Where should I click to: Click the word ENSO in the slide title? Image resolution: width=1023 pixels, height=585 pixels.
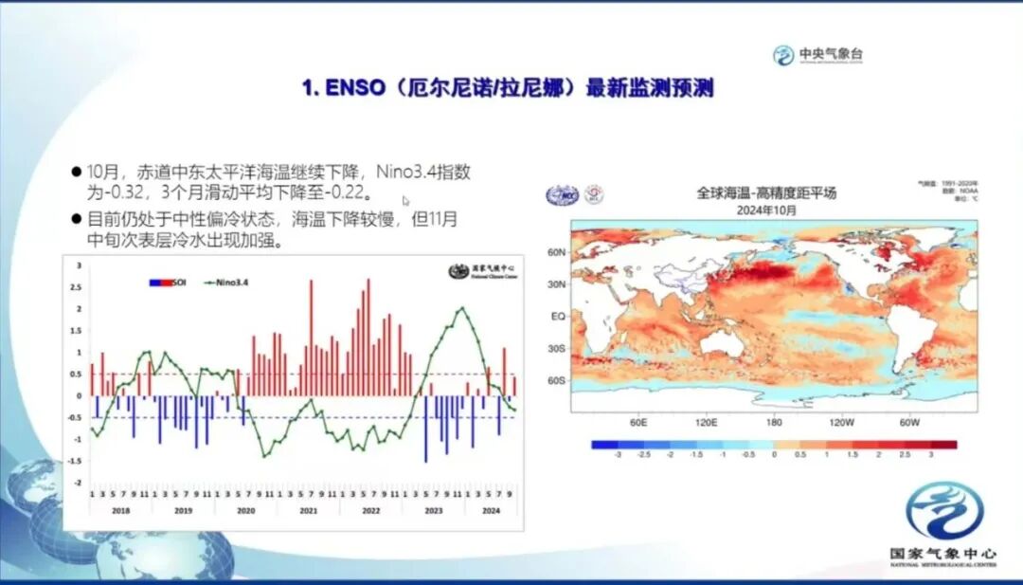coord(352,89)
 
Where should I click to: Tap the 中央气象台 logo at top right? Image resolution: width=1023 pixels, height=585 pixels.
coord(817,55)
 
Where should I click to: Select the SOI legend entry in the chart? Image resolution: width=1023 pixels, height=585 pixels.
coord(167,282)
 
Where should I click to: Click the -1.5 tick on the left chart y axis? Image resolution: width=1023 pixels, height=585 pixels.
coord(75,461)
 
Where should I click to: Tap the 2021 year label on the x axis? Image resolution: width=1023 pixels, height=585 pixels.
coord(308,510)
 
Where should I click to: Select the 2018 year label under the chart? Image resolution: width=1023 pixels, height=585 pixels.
coord(120,510)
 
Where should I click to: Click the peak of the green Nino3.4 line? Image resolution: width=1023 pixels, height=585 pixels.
coord(461,308)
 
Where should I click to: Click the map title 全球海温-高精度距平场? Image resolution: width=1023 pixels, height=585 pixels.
coord(766,192)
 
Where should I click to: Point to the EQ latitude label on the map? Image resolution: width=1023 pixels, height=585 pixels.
coord(559,316)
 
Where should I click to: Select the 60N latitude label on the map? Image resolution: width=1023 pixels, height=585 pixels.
coord(557,252)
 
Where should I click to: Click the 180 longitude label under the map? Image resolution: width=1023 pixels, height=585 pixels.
coord(774,422)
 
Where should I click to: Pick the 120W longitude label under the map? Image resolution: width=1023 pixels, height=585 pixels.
coord(842,422)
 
